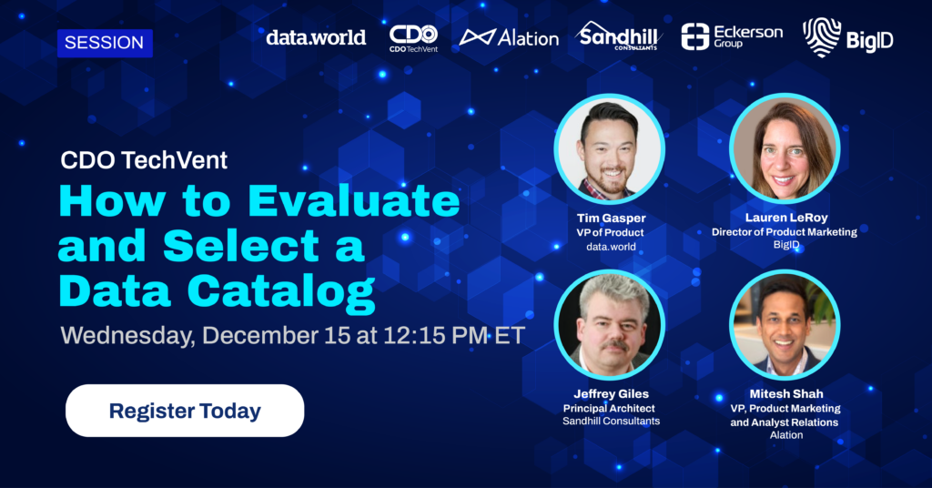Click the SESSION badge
click(105, 43)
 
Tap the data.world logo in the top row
click(316, 38)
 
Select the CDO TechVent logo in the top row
click(414, 38)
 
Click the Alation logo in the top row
click(509, 38)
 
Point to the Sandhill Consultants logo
click(618, 36)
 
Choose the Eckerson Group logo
click(732, 36)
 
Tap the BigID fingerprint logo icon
click(822, 36)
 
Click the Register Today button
click(185, 411)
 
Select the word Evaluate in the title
click(354, 201)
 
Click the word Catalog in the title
click(281, 292)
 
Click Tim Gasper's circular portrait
click(609, 149)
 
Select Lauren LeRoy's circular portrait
click(785, 149)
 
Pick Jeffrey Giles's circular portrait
click(609, 325)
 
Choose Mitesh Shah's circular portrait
click(785, 325)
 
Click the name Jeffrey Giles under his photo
click(611, 394)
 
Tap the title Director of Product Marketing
click(785, 232)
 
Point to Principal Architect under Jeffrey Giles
click(609, 409)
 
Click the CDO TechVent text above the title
click(144, 160)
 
